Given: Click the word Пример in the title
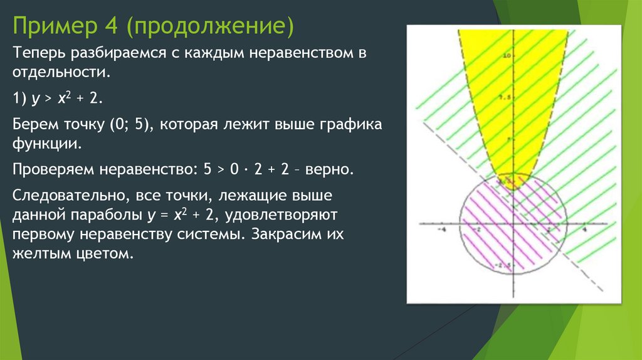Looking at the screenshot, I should (51, 27).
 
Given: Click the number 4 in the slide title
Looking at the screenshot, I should (110, 27).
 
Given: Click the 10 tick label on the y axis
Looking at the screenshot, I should (508, 56).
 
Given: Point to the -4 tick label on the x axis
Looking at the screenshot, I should (441, 230).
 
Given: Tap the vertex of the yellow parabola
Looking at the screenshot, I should (513, 174).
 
